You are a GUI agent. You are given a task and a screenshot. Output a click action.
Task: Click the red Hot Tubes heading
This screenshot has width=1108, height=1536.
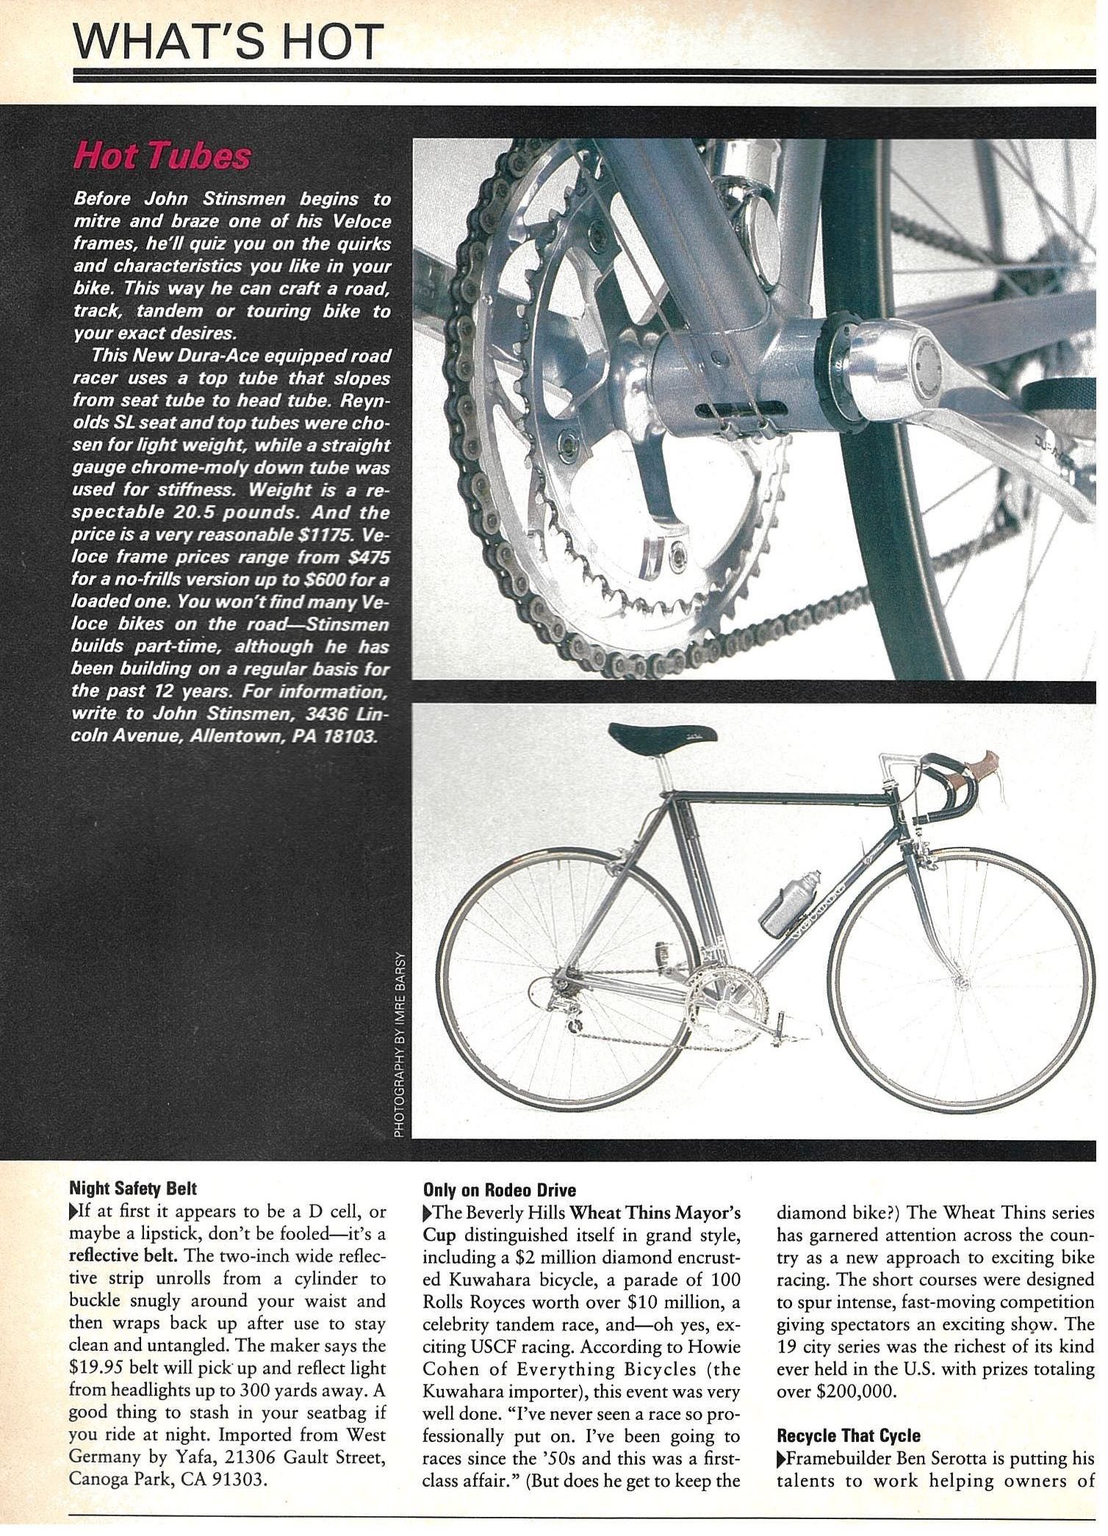[162, 156]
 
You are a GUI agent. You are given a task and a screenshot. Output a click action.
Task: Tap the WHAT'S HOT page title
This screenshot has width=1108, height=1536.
[229, 43]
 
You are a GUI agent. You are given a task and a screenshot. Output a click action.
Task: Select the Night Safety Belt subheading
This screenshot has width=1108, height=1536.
[133, 1187]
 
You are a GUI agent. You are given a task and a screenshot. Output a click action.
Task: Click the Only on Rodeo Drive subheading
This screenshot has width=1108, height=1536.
[500, 1190]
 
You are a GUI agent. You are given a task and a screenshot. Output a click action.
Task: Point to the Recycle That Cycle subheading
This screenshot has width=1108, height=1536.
[849, 1435]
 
